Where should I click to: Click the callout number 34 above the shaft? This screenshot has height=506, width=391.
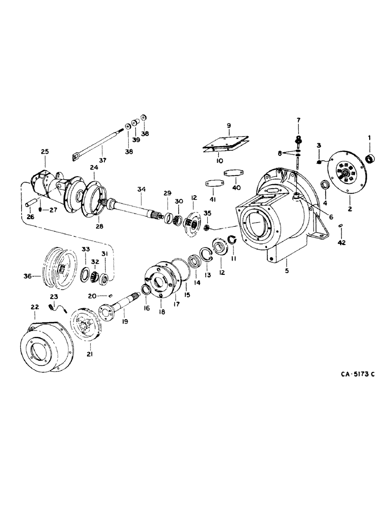tap(141, 189)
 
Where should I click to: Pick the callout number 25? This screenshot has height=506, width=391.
tap(45, 151)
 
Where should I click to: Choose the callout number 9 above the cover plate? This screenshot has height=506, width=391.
tap(228, 125)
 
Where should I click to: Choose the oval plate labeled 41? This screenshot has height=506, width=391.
tap(212, 183)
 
